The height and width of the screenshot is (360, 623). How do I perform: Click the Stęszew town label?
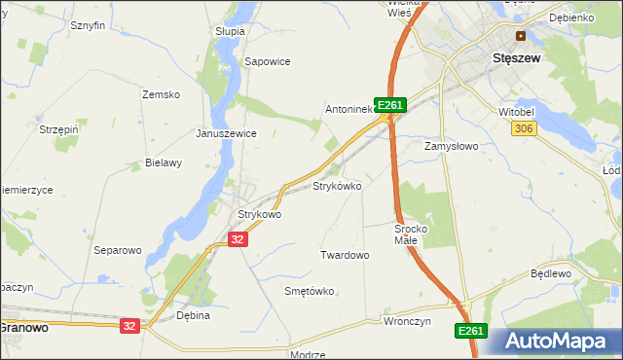coord(517,57)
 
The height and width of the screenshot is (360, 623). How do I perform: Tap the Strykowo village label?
coord(260,214)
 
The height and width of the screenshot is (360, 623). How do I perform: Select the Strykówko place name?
coord(337,185)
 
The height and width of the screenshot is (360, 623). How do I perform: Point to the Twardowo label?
coord(345,255)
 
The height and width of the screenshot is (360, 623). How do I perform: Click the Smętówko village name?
coord(309,291)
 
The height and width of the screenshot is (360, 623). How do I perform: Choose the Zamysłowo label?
coord(451,146)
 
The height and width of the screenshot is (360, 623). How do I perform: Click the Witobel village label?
coord(517,113)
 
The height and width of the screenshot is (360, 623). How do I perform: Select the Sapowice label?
coord(268,60)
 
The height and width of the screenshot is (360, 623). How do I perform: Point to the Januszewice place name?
coord(226,133)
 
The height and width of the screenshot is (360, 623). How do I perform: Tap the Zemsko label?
coord(162,94)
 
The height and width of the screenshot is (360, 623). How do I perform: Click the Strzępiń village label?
coord(59,128)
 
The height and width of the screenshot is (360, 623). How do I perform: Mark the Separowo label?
coord(117,250)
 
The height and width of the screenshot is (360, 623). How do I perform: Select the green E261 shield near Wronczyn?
coord(470,332)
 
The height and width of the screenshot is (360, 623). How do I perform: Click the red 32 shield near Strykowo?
coord(238,238)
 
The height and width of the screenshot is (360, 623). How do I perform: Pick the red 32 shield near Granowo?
coord(129,326)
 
